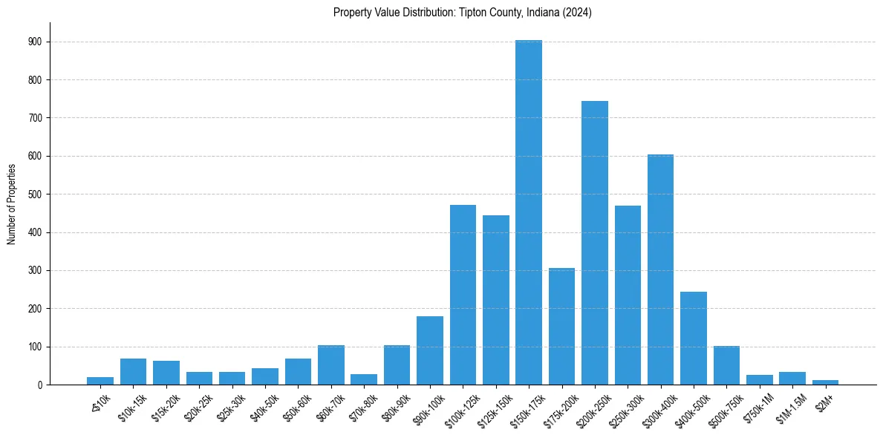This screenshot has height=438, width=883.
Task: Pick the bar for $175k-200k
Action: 561,327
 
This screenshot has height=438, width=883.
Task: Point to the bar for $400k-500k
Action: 693,339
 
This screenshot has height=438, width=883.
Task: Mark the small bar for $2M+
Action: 825,382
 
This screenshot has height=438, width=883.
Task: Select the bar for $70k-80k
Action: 364,379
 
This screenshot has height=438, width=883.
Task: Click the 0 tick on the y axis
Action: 37,385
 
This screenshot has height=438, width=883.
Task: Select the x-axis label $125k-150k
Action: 494,408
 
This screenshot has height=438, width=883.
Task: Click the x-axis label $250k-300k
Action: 625,408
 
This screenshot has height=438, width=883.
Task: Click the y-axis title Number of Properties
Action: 12,203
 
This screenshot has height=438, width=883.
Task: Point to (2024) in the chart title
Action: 576,13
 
